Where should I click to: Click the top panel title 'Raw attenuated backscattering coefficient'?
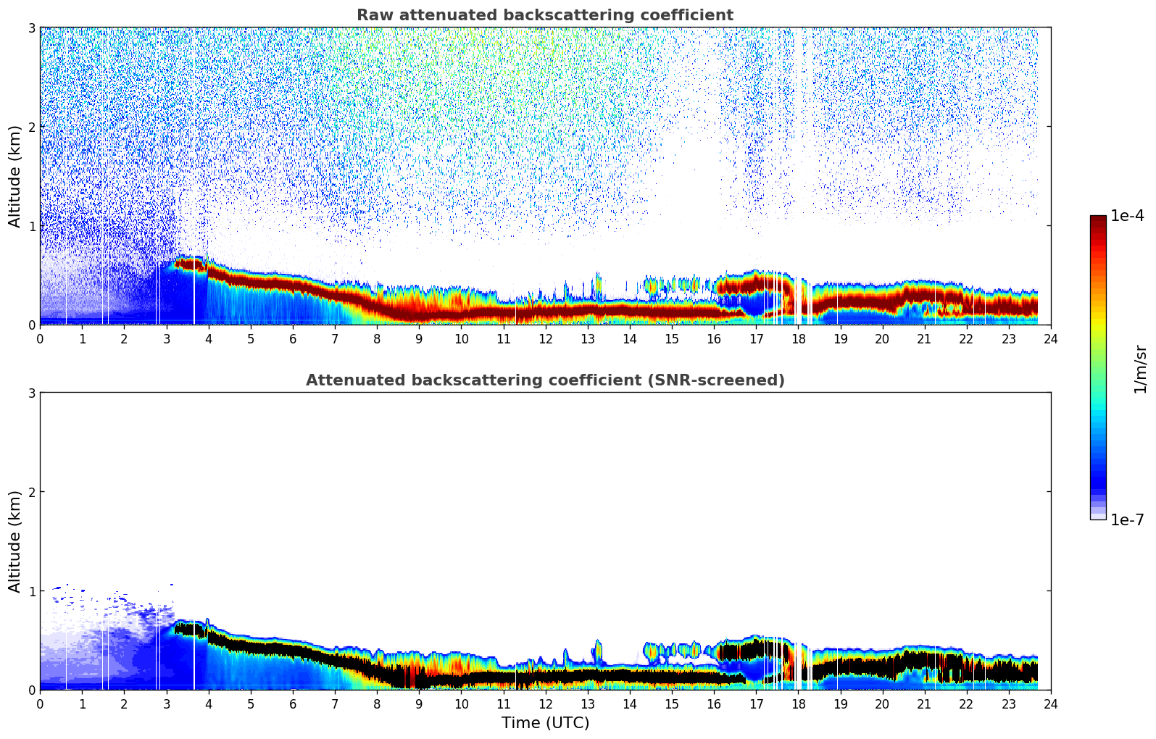pos(544,15)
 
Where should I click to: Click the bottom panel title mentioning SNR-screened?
pos(544,380)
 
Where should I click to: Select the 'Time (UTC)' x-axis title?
pos(545,722)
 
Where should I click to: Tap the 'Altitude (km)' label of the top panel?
pos(15,176)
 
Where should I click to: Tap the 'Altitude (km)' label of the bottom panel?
pos(15,541)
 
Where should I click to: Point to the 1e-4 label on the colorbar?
pos(1127,216)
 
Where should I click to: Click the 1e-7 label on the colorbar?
pos(1127,519)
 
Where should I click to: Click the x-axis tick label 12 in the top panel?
pos(545,338)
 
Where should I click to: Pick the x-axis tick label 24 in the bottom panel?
pos(1050,703)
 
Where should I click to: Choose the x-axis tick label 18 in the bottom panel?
pos(798,703)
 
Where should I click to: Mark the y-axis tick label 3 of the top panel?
pos(31,28)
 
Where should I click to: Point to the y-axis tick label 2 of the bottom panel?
pos(31,492)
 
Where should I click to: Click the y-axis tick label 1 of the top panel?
pos(31,226)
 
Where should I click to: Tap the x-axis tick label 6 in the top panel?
pos(293,338)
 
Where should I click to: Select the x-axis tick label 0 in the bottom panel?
pos(40,703)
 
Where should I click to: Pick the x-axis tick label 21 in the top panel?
pos(924,338)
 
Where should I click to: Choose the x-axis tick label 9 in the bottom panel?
pos(419,703)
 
